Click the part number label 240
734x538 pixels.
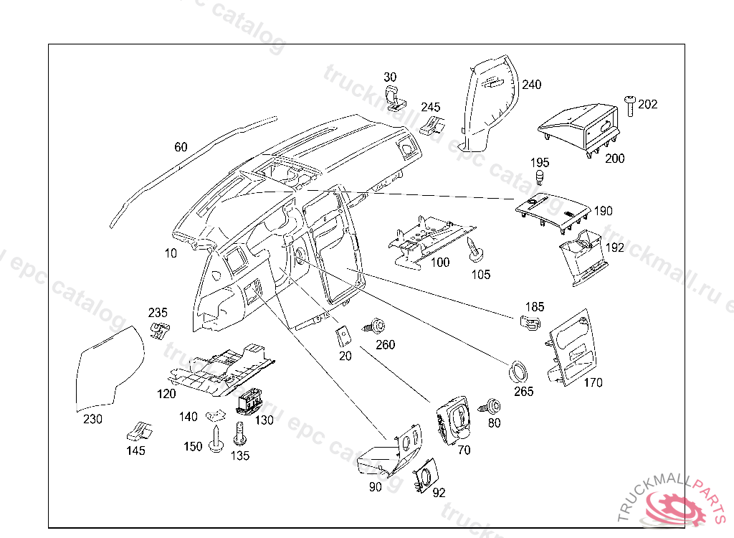tap(531, 85)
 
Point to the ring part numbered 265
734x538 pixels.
tap(517, 372)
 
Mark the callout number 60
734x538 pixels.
tap(181, 147)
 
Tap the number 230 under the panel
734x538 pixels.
tap(93, 419)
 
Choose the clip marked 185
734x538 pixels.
tap(530, 323)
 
